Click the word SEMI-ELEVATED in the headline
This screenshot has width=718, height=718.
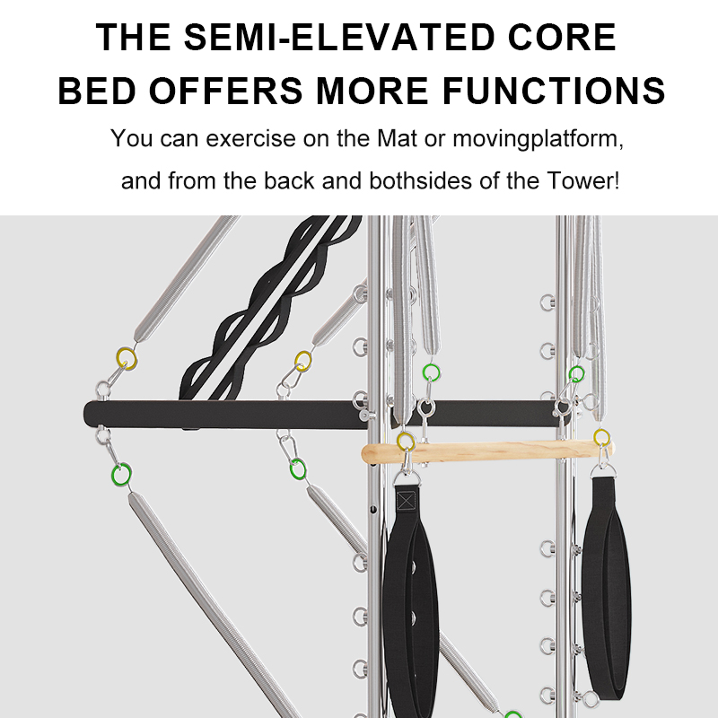tap(340, 37)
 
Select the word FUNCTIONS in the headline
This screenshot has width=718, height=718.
tap(554, 91)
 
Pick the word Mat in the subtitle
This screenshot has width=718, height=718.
tap(397, 138)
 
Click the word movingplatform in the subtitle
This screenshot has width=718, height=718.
tap(538, 139)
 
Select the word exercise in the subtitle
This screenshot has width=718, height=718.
tap(250, 138)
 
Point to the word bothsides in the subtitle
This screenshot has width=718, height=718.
tap(420, 180)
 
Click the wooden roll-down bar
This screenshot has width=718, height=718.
tap(487, 451)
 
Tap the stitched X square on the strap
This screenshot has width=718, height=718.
tap(406, 501)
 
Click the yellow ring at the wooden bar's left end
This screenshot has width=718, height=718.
tap(406, 442)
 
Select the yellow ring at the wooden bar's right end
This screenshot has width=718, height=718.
tap(601, 438)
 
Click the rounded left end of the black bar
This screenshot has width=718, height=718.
tap(88, 415)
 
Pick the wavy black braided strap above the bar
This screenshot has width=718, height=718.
tap(270, 308)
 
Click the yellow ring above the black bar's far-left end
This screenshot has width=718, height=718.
tap(127, 358)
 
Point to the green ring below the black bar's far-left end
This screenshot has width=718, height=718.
tap(121, 475)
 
